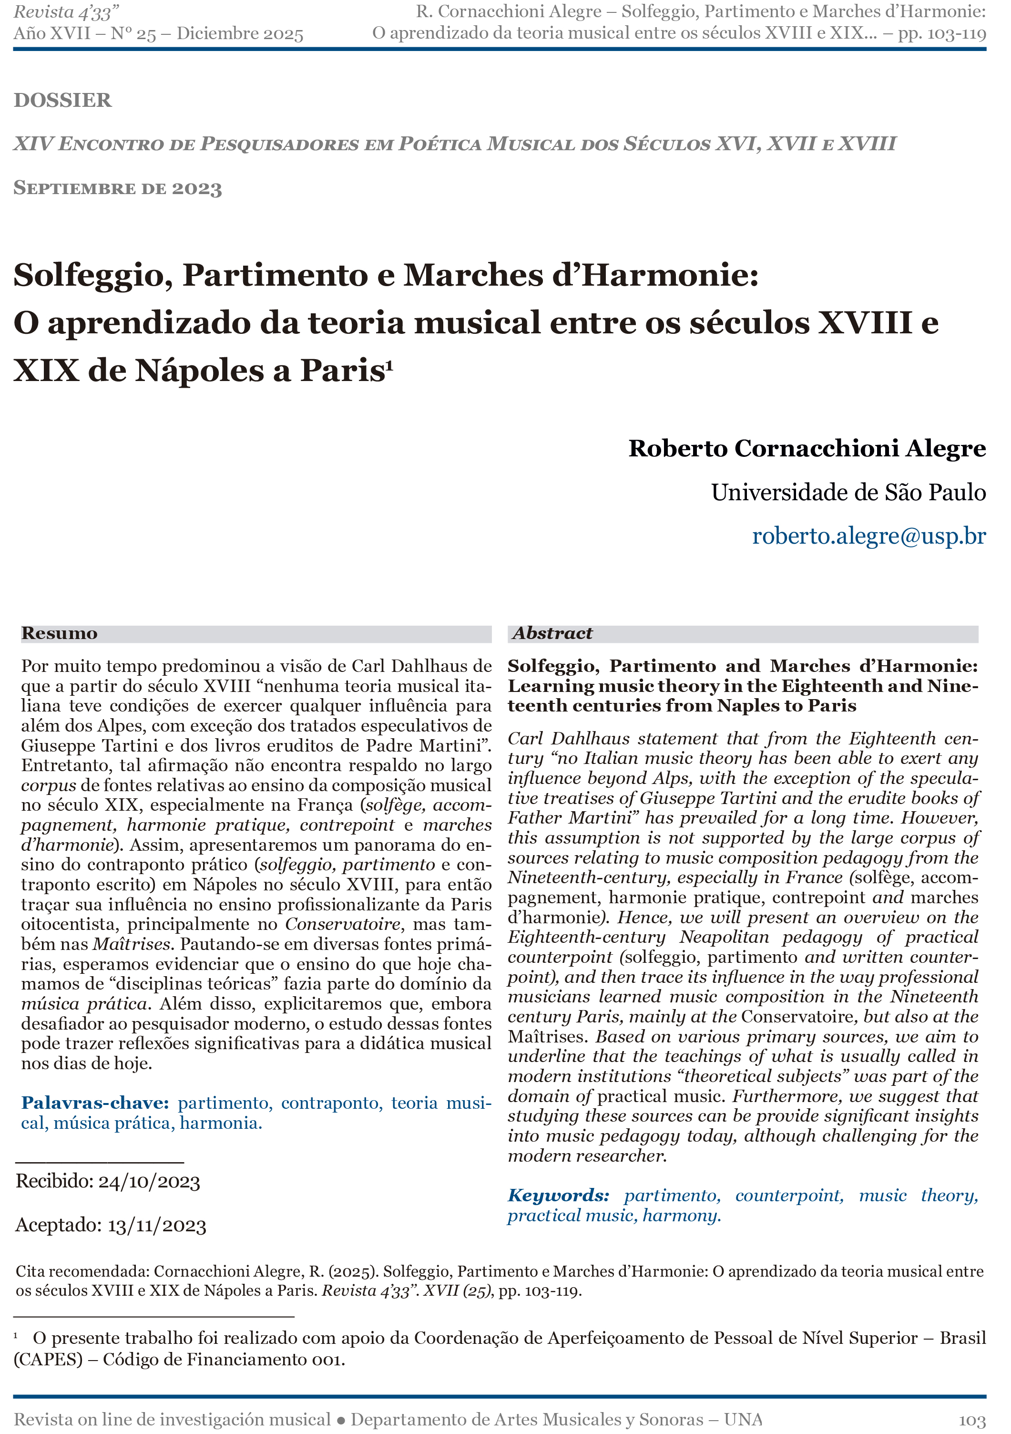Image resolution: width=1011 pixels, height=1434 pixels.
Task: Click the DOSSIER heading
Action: (x=62, y=100)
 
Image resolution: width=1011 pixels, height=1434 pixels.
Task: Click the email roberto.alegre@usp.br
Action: (x=868, y=536)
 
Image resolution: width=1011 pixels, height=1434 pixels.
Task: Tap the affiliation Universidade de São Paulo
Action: (x=848, y=493)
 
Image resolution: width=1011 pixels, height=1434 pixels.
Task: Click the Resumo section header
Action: (x=59, y=633)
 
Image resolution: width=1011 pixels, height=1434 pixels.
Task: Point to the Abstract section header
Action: (x=552, y=633)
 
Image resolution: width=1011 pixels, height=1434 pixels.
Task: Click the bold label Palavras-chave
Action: (x=95, y=1103)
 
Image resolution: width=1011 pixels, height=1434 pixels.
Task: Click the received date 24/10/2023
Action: (x=149, y=1182)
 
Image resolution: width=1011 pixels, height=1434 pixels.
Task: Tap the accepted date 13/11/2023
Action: (x=157, y=1226)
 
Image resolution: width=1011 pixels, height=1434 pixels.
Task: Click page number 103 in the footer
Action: (x=971, y=1420)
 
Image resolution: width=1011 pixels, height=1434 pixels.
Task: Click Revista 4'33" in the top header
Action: (x=66, y=12)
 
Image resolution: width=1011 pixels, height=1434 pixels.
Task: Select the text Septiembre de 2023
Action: (x=117, y=188)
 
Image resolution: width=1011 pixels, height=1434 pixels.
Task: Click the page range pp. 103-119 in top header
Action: (x=942, y=33)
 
